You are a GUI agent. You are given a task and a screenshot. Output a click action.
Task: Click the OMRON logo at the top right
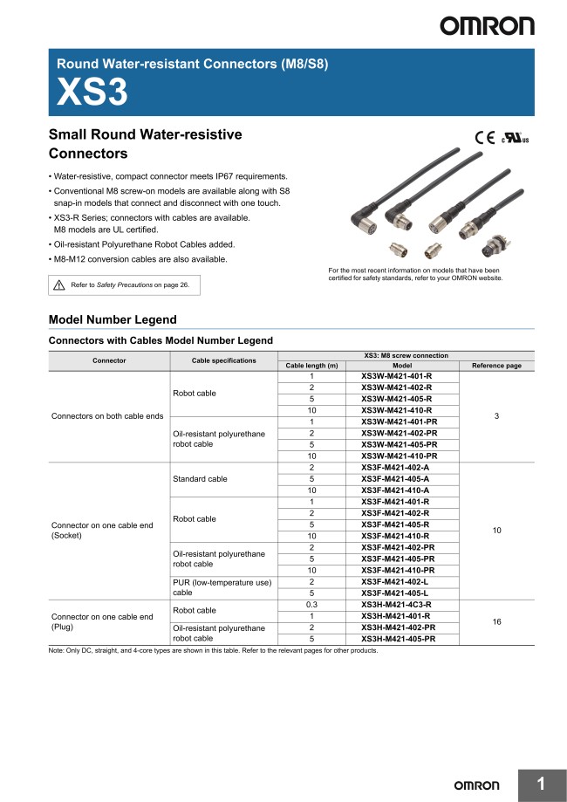pyautogui.click(x=487, y=25)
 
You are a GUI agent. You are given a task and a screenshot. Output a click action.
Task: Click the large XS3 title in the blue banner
pyautogui.click(x=92, y=93)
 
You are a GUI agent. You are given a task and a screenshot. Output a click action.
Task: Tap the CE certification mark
pyautogui.click(x=484, y=137)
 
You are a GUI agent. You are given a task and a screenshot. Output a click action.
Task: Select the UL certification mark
pyautogui.click(x=514, y=138)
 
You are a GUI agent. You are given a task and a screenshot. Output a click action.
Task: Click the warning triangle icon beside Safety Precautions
pyautogui.click(x=59, y=284)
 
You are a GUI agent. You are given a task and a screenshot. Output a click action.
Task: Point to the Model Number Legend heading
pyautogui.click(x=113, y=319)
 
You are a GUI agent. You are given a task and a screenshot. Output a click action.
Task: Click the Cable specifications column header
pyautogui.click(x=224, y=360)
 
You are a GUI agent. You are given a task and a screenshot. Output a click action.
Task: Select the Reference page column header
pyautogui.click(x=496, y=366)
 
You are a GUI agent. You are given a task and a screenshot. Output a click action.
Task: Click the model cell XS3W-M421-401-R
pyautogui.click(x=396, y=376)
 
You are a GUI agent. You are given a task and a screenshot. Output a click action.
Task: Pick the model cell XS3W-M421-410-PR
pyautogui.click(x=399, y=456)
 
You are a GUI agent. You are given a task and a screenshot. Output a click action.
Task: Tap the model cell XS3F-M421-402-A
pyautogui.click(x=396, y=467)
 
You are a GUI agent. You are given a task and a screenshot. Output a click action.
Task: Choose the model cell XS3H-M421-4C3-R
pyautogui.click(x=396, y=604)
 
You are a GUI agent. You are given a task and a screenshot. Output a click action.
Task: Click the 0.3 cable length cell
pyautogui.click(x=311, y=604)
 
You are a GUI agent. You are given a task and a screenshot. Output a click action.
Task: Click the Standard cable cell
pyautogui.click(x=200, y=478)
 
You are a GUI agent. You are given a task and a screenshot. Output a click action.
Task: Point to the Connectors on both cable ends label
pyautogui.click(x=107, y=415)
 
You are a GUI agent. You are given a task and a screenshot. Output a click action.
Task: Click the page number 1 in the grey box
pyautogui.click(x=541, y=785)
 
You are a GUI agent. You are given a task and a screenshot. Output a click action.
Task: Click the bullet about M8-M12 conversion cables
pyautogui.click(x=140, y=259)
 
